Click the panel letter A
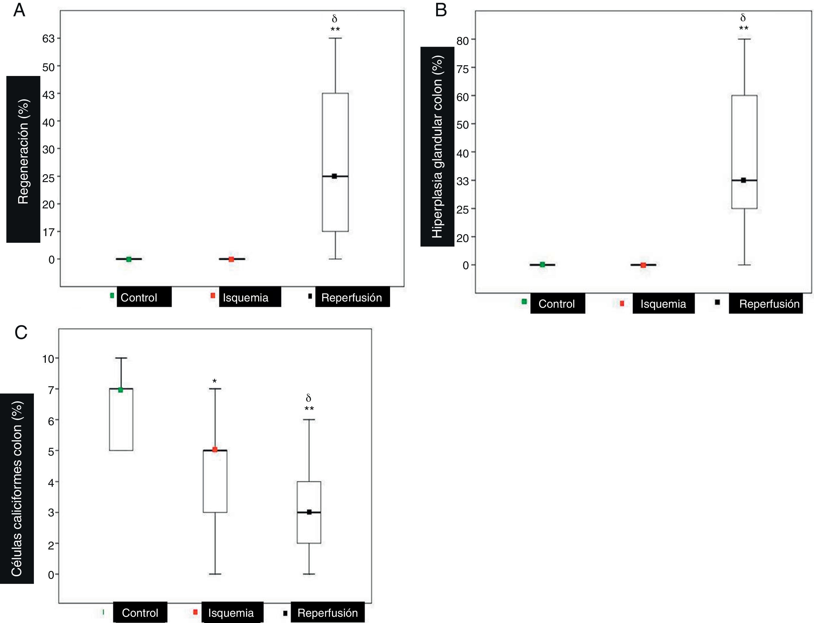[x=19, y=10]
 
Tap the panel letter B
[x=441, y=10]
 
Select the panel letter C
[x=21, y=333]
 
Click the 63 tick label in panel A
[x=48, y=39]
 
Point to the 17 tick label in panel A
[x=48, y=232]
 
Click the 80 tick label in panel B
[x=463, y=40]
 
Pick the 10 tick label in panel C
[x=48, y=359]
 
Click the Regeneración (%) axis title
[x=23, y=151]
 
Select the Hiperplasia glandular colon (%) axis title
[x=437, y=147]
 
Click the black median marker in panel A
[x=334, y=176]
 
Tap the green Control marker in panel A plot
[x=129, y=259]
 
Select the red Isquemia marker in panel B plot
[x=643, y=265]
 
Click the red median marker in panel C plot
[x=214, y=449]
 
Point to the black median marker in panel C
[x=309, y=512]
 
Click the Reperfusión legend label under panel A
[x=352, y=297]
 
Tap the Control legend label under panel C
[x=140, y=613]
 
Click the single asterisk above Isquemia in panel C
[x=214, y=381]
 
